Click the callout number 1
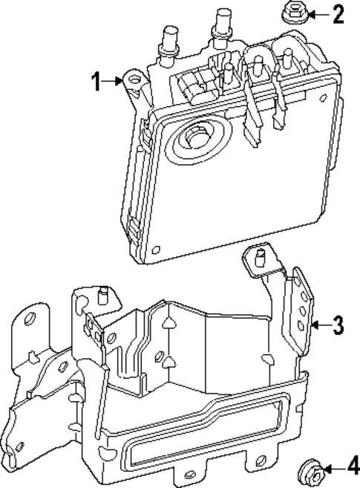tap(96, 81)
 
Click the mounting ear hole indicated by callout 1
tap(134, 79)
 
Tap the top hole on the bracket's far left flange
tap(30, 319)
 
